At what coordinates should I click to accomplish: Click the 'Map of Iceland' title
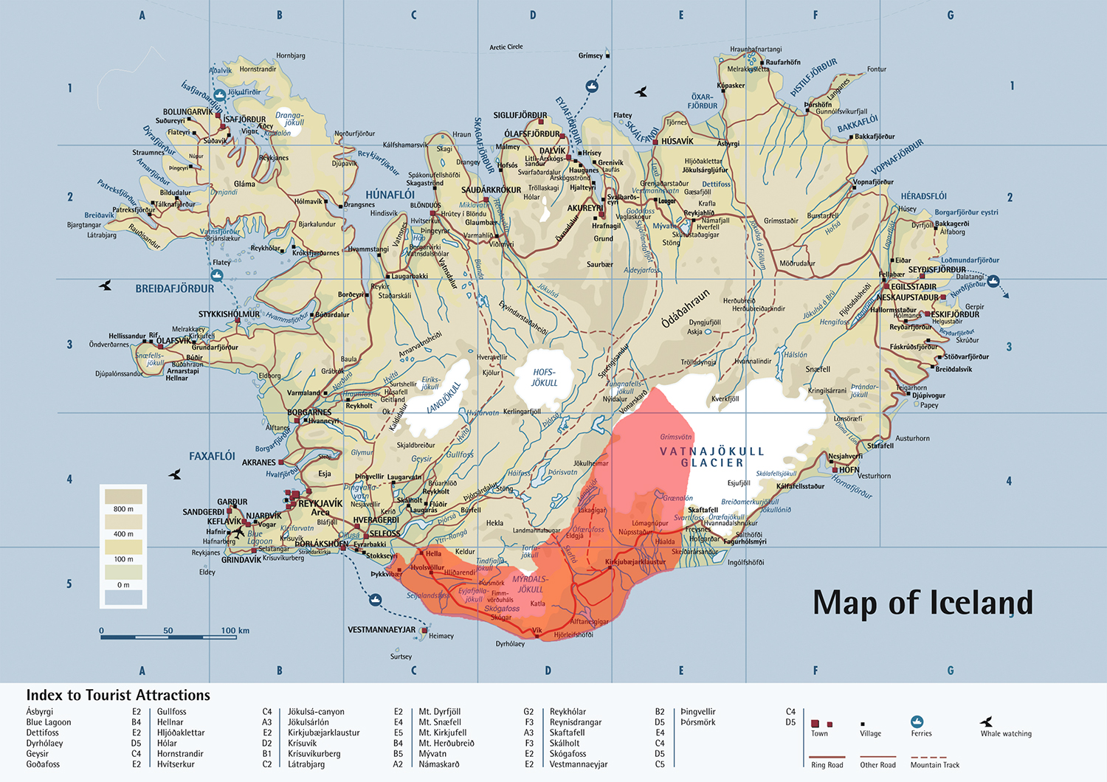click(922, 603)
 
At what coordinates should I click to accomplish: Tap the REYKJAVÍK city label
click(320, 503)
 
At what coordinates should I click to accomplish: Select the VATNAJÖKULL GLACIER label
click(711, 457)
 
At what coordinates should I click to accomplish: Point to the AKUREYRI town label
click(585, 208)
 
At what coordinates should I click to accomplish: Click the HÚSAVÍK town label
click(677, 141)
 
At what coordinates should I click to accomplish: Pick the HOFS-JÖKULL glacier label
click(545, 378)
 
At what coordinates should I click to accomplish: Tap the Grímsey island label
click(590, 56)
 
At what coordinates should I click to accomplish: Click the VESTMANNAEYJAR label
click(382, 629)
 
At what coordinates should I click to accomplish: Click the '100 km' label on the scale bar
click(235, 631)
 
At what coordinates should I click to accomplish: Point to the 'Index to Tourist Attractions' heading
click(118, 695)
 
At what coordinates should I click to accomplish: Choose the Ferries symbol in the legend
click(917, 722)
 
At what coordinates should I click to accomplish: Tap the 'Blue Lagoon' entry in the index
click(49, 722)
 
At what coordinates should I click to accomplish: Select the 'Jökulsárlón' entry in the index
click(308, 722)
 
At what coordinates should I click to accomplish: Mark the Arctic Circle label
click(506, 47)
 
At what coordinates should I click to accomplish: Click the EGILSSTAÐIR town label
click(913, 287)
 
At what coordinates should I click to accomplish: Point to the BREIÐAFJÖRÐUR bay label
click(175, 288)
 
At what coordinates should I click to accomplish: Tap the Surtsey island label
click(401, 657)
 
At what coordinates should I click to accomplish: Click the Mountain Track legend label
click(935, 765)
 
